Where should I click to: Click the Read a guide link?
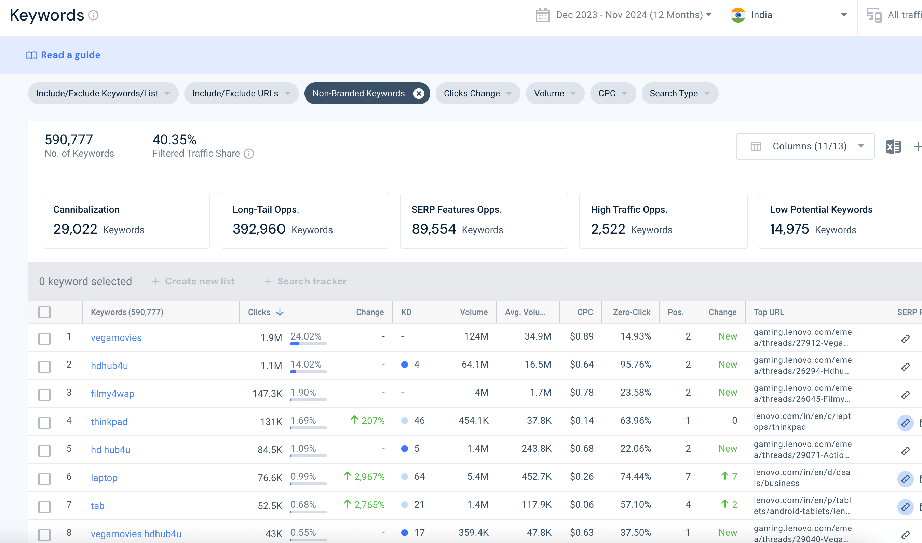click(63, 55)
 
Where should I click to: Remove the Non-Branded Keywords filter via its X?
click(419, 94)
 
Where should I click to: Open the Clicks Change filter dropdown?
click(477, 94)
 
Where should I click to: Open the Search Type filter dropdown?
click(679, 94)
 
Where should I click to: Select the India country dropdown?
click(789, 15)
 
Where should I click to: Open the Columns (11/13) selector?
click(805, 146)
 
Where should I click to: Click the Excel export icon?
click(893, 147)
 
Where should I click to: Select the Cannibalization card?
click(125, 221)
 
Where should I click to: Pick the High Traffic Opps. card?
click(663, 221)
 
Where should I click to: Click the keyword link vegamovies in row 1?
click(116, 337)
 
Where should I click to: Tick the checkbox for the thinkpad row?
click(45, 423)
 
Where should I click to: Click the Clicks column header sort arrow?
click(280, 312)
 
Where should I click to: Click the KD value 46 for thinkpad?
click(419, 421)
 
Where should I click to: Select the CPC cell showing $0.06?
click(582, 505)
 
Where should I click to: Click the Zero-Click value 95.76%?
click(636, 365)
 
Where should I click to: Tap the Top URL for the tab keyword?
click(802, 506)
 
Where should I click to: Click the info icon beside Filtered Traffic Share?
click(249, 154)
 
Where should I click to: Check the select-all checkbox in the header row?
click(45, 312)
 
